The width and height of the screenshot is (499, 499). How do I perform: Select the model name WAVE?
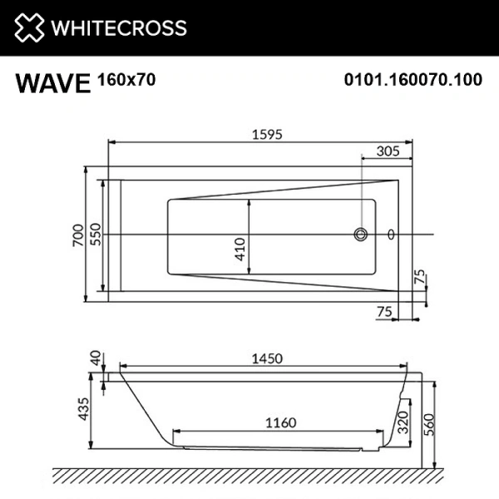(52, 83)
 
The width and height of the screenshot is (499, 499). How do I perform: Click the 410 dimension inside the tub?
(240, 249)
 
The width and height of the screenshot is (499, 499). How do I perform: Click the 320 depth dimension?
(402, 422)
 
